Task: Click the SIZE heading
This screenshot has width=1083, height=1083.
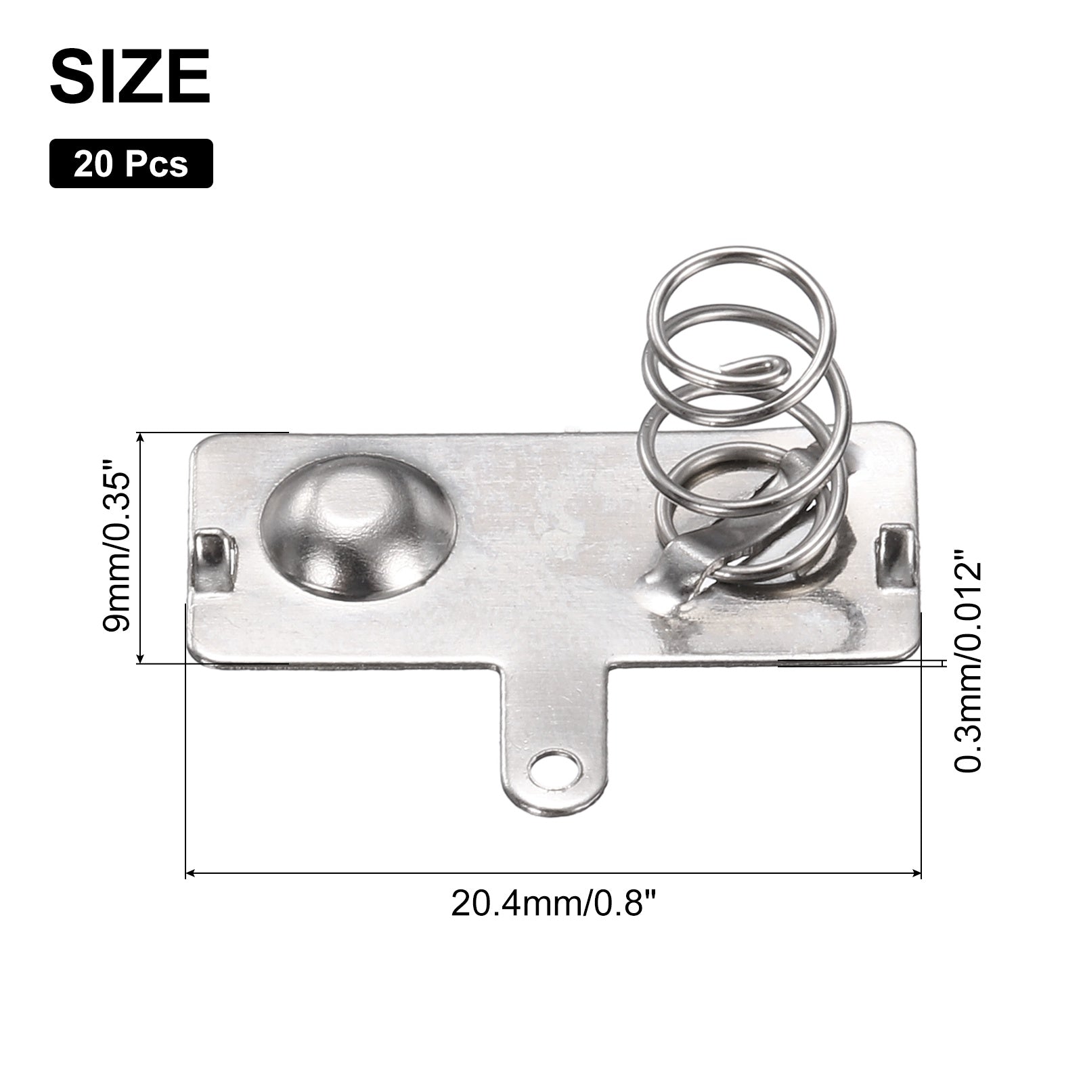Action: (130, 77)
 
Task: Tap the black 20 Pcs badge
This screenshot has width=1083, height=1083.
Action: (131, 163)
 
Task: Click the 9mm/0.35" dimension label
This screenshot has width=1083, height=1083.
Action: (115, 546)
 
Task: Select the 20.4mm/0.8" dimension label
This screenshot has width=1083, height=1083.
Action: (554, 904)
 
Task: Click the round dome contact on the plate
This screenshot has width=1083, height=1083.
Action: (357, 527)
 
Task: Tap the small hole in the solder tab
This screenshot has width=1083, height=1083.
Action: (556, 770)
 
